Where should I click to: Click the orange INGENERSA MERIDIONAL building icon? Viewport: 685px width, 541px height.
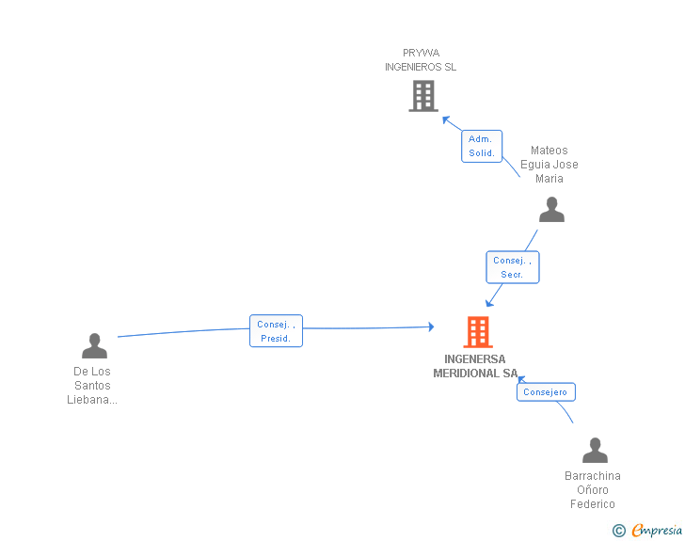478,332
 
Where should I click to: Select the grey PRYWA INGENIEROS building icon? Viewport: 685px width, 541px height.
423,96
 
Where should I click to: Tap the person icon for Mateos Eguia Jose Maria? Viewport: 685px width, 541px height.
551,209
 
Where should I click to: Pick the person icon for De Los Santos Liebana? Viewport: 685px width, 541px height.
94,345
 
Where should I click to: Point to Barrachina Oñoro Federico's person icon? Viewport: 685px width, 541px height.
595,450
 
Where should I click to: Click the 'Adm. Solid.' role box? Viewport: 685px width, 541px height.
482,146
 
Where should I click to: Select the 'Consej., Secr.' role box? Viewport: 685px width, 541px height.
513,267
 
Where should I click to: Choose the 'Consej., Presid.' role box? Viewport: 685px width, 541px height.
276,331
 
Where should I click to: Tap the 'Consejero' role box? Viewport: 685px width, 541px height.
546,392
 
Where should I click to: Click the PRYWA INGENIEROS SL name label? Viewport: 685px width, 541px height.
421,60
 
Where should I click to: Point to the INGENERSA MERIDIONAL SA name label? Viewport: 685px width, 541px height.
475,366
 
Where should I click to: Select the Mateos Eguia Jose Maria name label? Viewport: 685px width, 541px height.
550,165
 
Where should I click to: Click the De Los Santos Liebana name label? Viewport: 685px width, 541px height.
92,386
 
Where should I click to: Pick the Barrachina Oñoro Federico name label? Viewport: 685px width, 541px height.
593,490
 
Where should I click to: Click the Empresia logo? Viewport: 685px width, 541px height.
657,530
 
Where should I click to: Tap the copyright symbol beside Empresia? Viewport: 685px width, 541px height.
619,531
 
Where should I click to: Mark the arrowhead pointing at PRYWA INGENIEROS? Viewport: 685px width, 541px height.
446,119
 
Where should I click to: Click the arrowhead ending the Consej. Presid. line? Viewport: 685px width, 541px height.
431,326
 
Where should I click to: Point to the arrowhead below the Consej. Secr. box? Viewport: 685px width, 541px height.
489,302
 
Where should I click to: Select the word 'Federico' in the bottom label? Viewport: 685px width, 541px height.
593,504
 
